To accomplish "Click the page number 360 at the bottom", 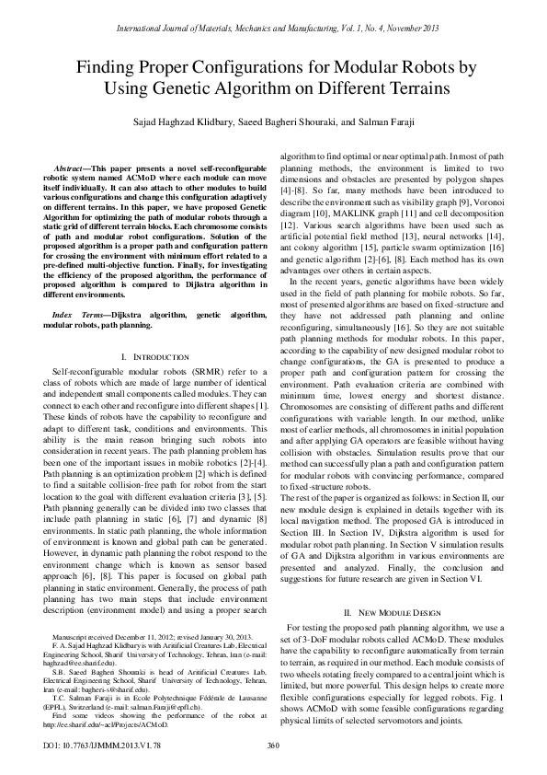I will [273, 746].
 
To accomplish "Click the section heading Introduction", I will [149, 330].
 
